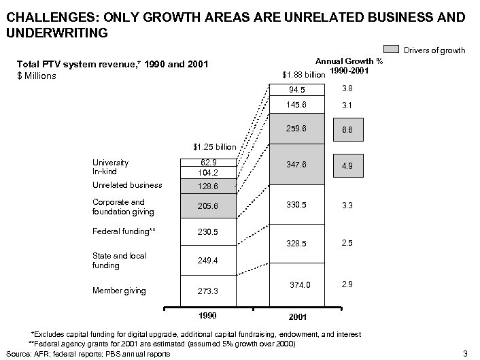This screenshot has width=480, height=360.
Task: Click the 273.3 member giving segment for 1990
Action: tap(208, 291)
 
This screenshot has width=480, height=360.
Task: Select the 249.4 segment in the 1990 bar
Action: tap(208, 260)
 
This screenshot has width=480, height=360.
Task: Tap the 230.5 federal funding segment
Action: tap(208, 232)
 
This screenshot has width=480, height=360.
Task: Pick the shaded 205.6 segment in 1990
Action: tap(208, 206)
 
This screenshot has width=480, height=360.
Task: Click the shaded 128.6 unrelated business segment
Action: tap(208, 186)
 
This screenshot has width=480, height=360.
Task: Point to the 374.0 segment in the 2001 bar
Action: tap(297, 285)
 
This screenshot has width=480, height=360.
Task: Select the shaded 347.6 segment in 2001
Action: tap(297, 165)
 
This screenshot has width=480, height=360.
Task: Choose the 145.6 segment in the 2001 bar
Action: tap(297, 105)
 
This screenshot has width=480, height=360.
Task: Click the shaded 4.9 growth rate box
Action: tap(346, 165)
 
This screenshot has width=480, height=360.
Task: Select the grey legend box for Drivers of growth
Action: tap(392, 50)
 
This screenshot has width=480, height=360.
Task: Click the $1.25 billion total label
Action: tap(214, 147)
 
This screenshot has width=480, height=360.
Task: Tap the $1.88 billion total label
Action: tap(303, 75)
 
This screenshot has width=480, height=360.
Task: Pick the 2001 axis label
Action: tap(297, 318)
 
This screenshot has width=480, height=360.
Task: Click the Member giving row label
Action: tap(119, 291)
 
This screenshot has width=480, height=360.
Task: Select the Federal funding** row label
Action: tap(124, 231)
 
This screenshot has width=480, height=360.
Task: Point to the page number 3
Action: tap(464, 353)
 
